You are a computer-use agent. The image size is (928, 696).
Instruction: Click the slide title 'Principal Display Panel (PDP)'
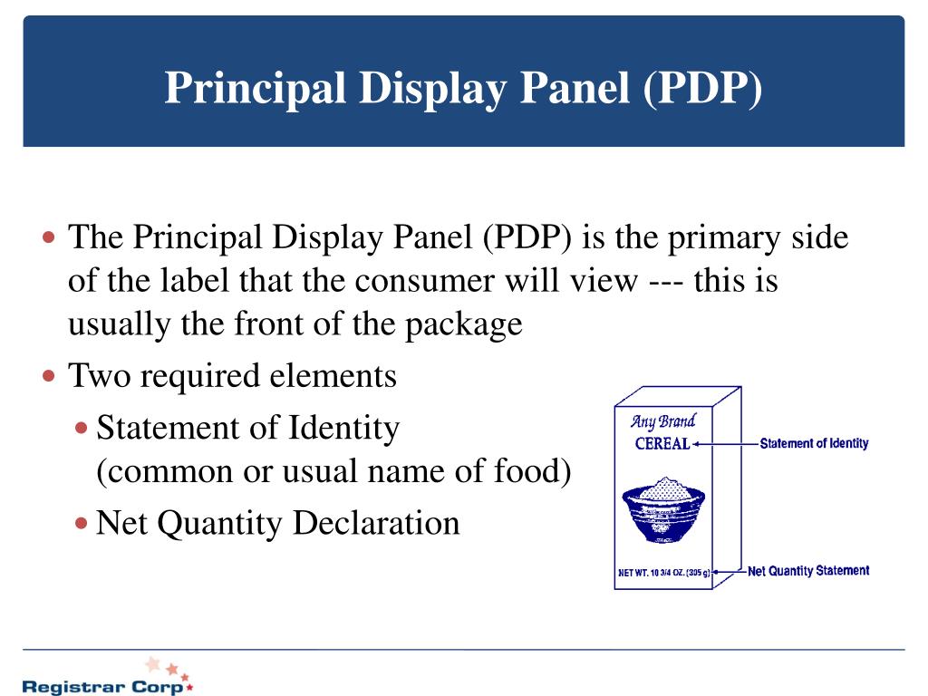point(463,89)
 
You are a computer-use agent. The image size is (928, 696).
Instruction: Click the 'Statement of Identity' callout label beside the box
point(814,443)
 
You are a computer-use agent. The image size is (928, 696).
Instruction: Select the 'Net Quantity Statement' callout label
point(808,571)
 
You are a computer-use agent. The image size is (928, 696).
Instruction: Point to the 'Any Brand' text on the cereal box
point(662,421)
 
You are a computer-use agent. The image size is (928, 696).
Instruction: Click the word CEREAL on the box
point(662,444)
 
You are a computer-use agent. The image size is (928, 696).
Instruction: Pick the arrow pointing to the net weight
point(730,572)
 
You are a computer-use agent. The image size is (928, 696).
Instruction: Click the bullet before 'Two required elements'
point(50,375)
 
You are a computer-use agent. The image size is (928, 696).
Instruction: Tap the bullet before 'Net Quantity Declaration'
point(82,523)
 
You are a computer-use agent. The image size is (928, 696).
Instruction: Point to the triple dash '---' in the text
point(668,281)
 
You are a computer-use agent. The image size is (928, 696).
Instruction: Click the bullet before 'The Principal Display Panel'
point(50,239)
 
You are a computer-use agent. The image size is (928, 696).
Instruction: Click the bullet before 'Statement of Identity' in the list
point(82,427)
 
